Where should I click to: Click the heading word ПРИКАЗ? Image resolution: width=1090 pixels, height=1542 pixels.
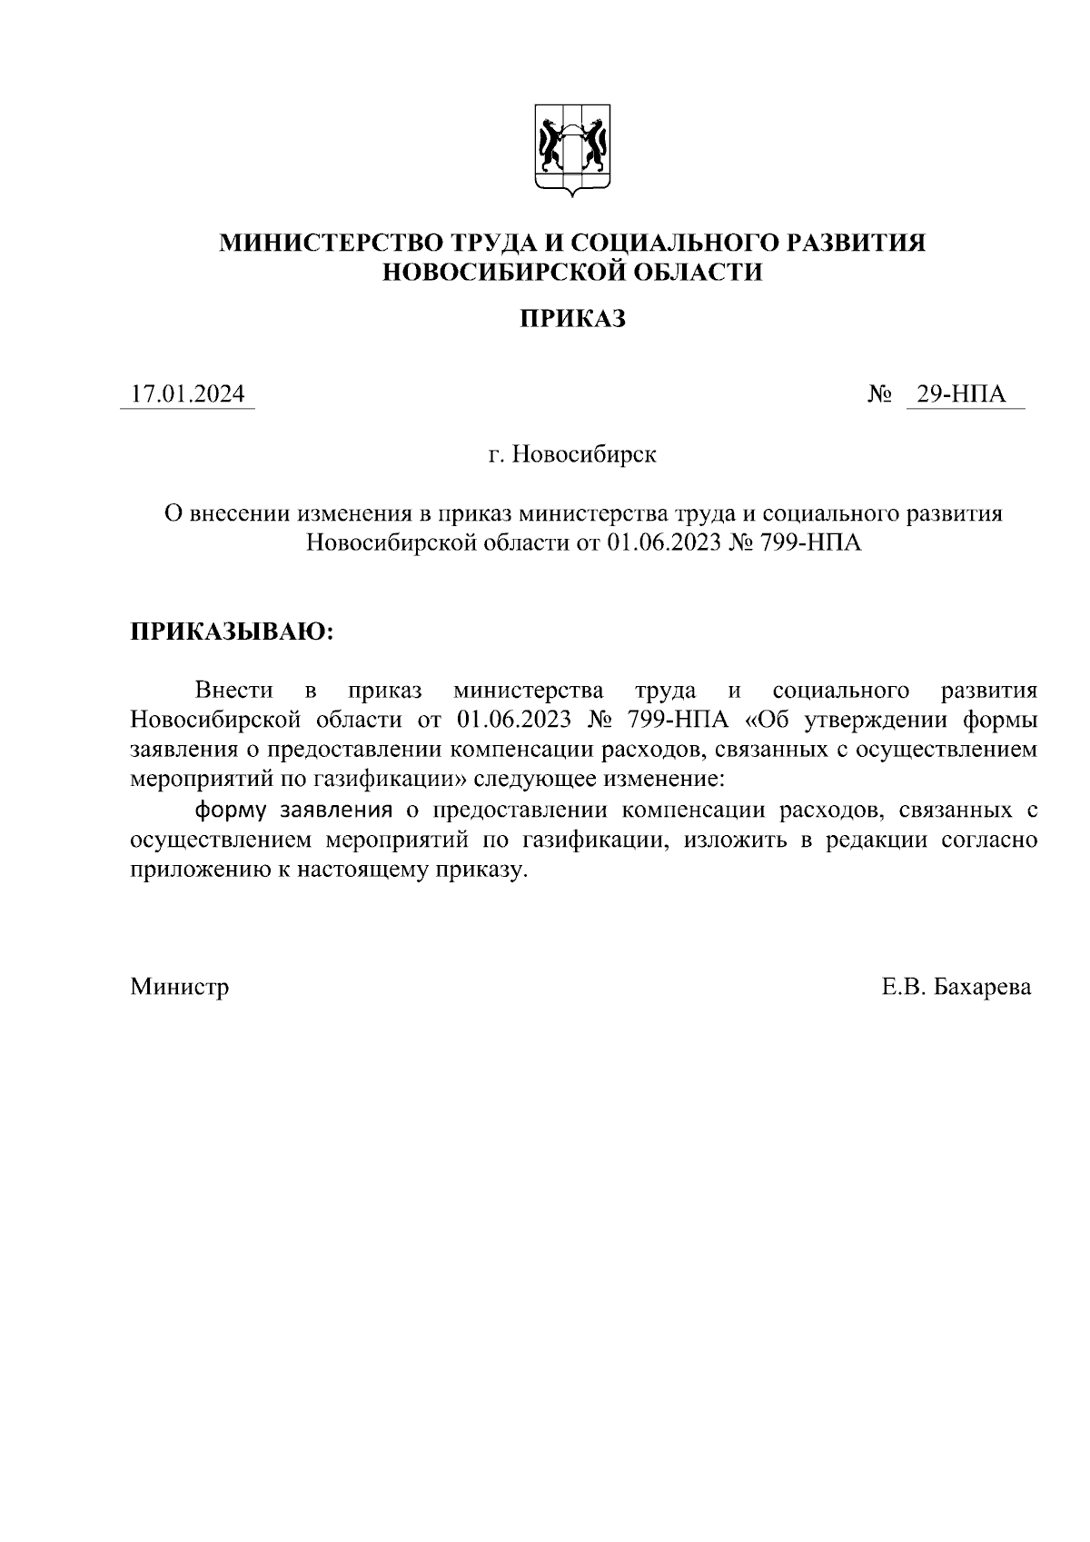pyautogui.click(x=572, y=318)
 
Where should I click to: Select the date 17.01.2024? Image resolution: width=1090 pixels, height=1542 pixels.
pyautogui.click(x=187, y=394)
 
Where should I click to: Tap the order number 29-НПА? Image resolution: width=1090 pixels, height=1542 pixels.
pyautogui.click(x=961, y=394)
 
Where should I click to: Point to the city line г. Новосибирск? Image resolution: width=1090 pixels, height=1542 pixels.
pyautogui.click(x=572, y=453)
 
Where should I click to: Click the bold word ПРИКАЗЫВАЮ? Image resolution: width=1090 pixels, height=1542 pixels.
pyautogui.click(x=233, y=632)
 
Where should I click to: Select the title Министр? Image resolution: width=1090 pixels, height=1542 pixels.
pyautogui.click(x=179, y=986)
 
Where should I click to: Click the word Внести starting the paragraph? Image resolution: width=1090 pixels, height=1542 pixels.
pyautogui.click(x=233, y=690)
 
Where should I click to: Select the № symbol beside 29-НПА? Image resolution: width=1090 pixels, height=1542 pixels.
pyautogui.click(x=878, y=394)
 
